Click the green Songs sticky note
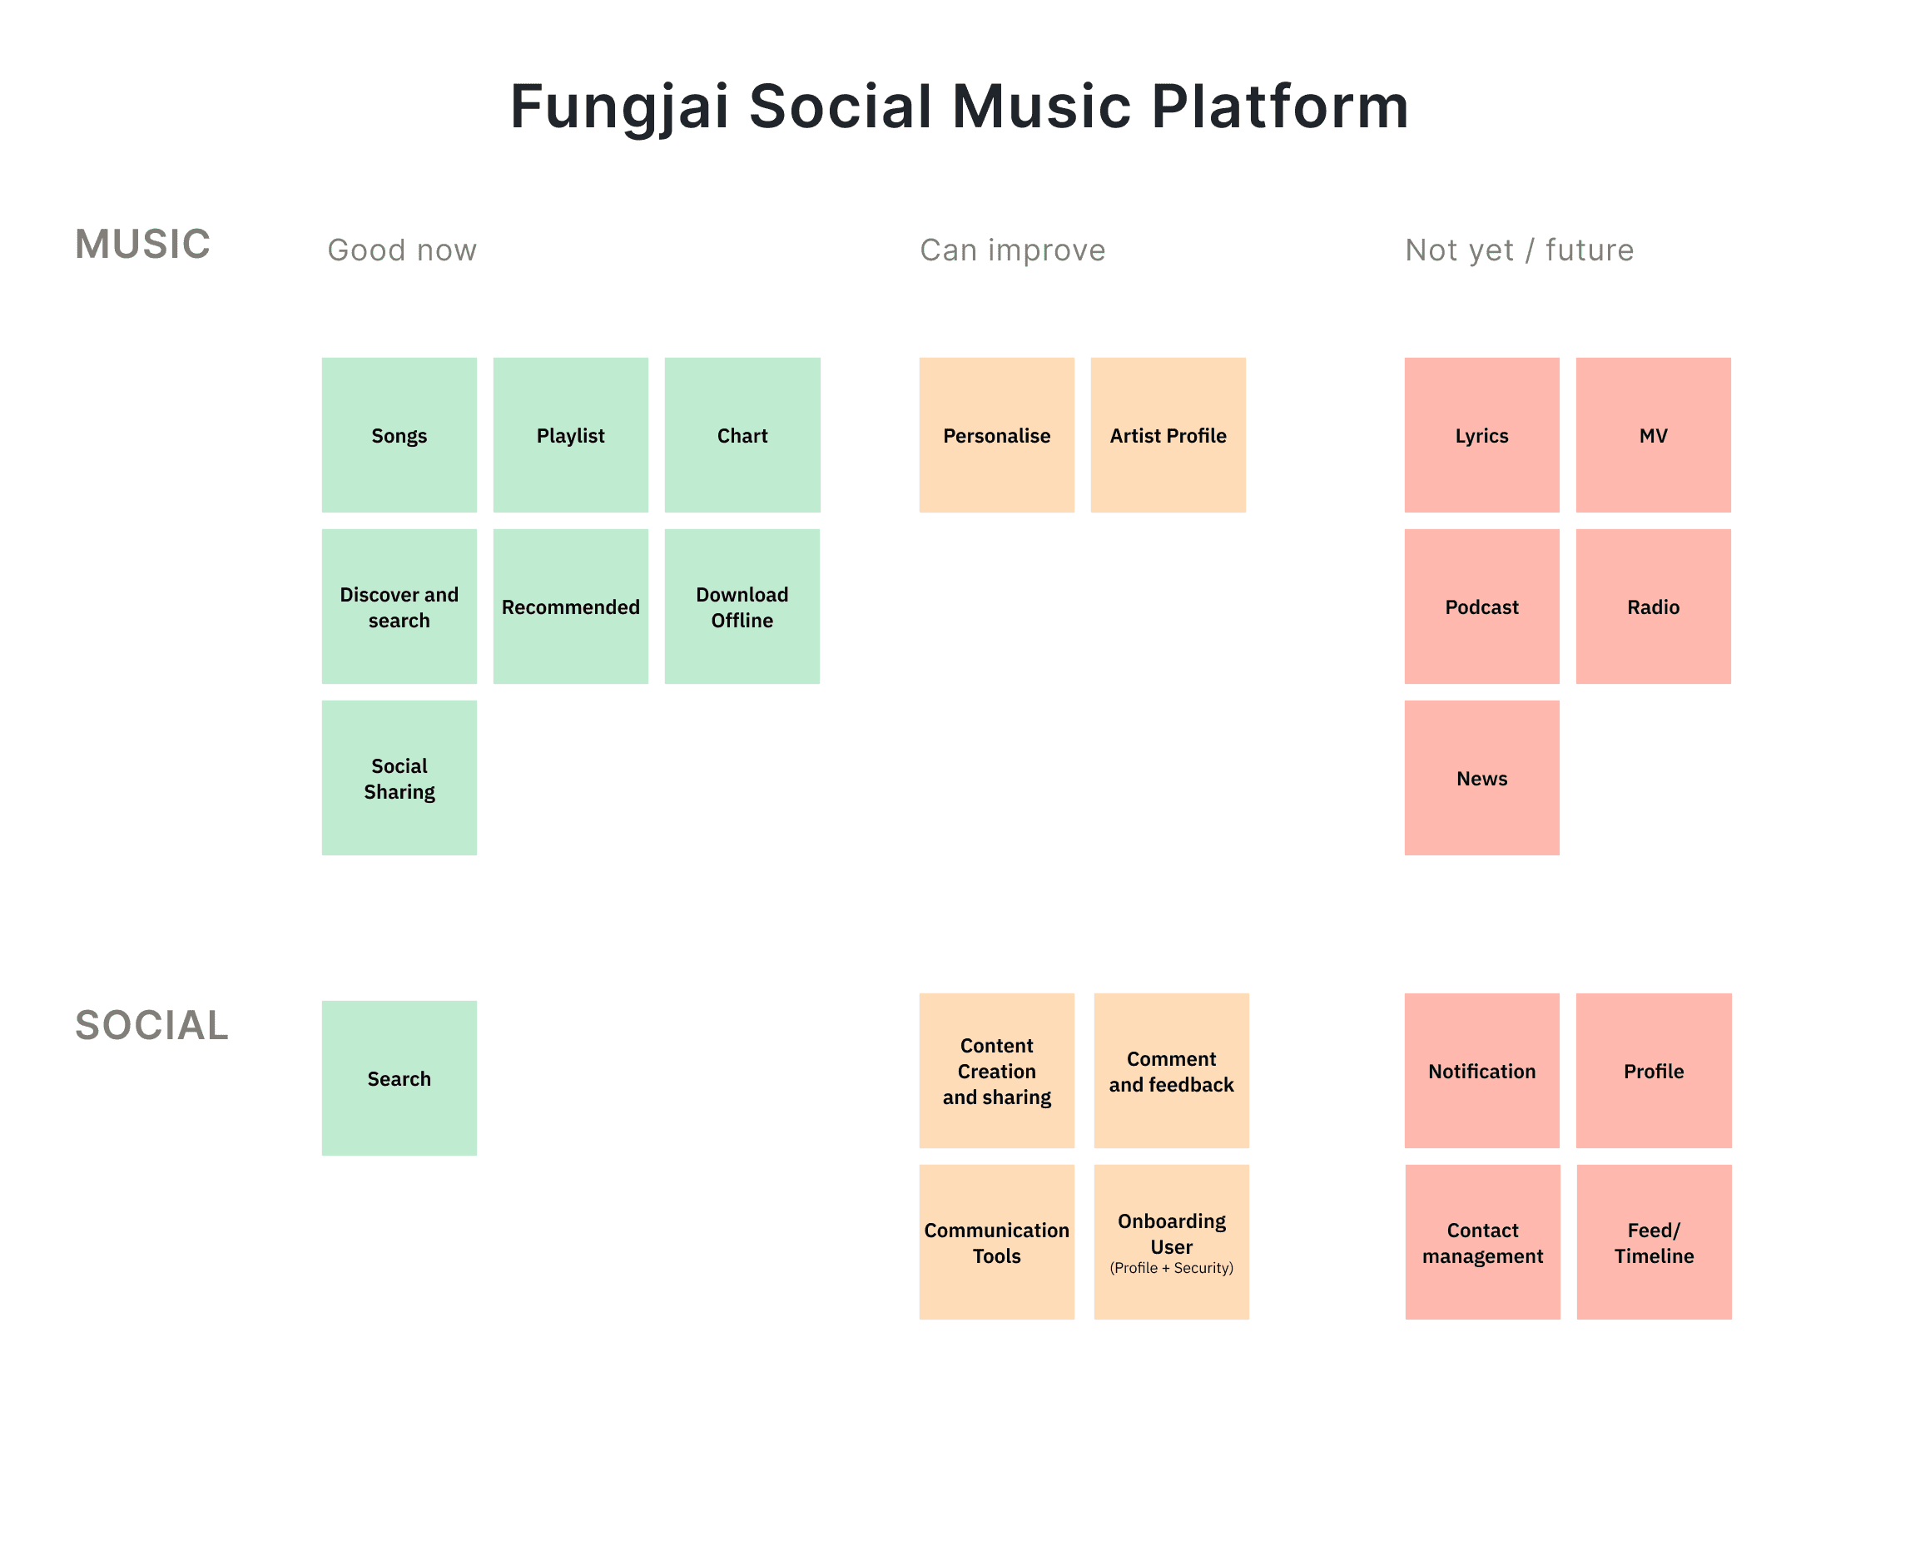399,434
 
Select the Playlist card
570,434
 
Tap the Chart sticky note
742,434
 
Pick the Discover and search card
399,606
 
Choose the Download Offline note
742,606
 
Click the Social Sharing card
399,777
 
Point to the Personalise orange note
995,434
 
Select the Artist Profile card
1167,434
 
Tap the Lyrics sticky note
1481,434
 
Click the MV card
1652,434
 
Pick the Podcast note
1481,606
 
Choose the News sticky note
1481,777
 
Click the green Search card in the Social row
399,1077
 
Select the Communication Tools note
995,1241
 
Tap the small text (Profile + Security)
1171,1267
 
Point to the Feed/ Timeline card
1653,1241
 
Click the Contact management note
1481,1241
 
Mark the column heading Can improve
1012,250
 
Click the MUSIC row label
142,245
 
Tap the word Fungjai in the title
618,106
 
